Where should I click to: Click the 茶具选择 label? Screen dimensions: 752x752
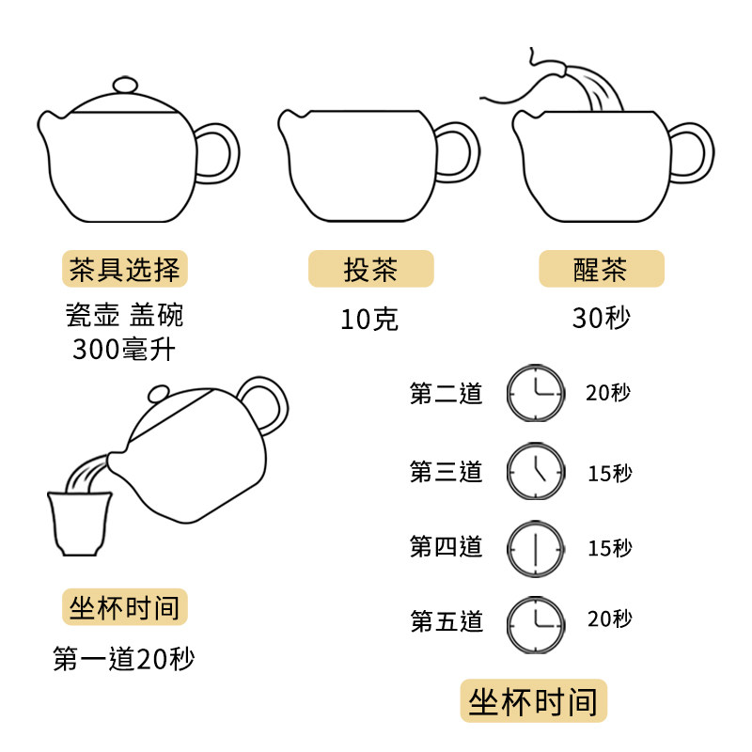[x=125, y=270]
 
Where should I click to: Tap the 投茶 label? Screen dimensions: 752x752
[x=371, y=270]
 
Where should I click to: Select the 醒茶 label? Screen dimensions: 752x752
[x=601, y=270]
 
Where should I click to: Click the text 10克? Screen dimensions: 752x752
[x=369, y=320]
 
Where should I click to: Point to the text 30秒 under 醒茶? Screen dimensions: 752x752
[x=601, y=319]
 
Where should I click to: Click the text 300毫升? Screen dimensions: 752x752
[x=125, y=350]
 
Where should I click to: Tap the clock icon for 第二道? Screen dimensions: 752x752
[x=536, y=393]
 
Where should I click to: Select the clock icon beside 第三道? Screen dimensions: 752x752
[x=536, y=470]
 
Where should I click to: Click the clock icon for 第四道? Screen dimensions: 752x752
[x=536, y=546]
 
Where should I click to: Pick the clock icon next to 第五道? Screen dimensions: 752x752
[x=536, y=622]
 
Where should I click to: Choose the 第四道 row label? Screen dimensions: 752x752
[x=446, y=546]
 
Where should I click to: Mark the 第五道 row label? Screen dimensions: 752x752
[x=446, y=621]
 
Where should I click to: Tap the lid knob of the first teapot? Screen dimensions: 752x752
[x=124, y=85]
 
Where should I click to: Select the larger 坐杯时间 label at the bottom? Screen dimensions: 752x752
[x=533, y=701]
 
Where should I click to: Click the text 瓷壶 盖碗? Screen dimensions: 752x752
[x=125, y=314]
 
